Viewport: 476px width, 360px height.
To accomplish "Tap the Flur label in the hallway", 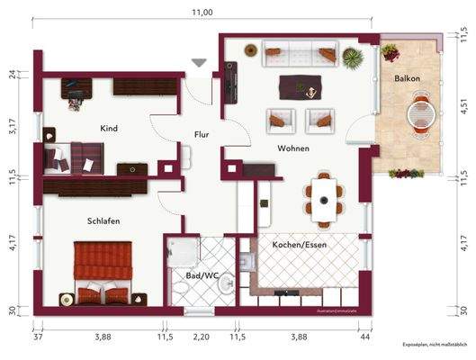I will click(202, 135).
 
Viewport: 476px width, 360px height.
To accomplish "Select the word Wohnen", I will click(293, 148).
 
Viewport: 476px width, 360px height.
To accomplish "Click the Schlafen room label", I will click(104, 220).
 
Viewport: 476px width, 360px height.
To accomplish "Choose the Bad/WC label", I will click(201, 275).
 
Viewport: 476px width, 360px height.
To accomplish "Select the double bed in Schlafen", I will click(103, 273).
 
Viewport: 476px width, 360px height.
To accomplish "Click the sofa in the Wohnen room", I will click(300, 56).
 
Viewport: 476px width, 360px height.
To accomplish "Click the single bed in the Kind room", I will click(75, 157).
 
